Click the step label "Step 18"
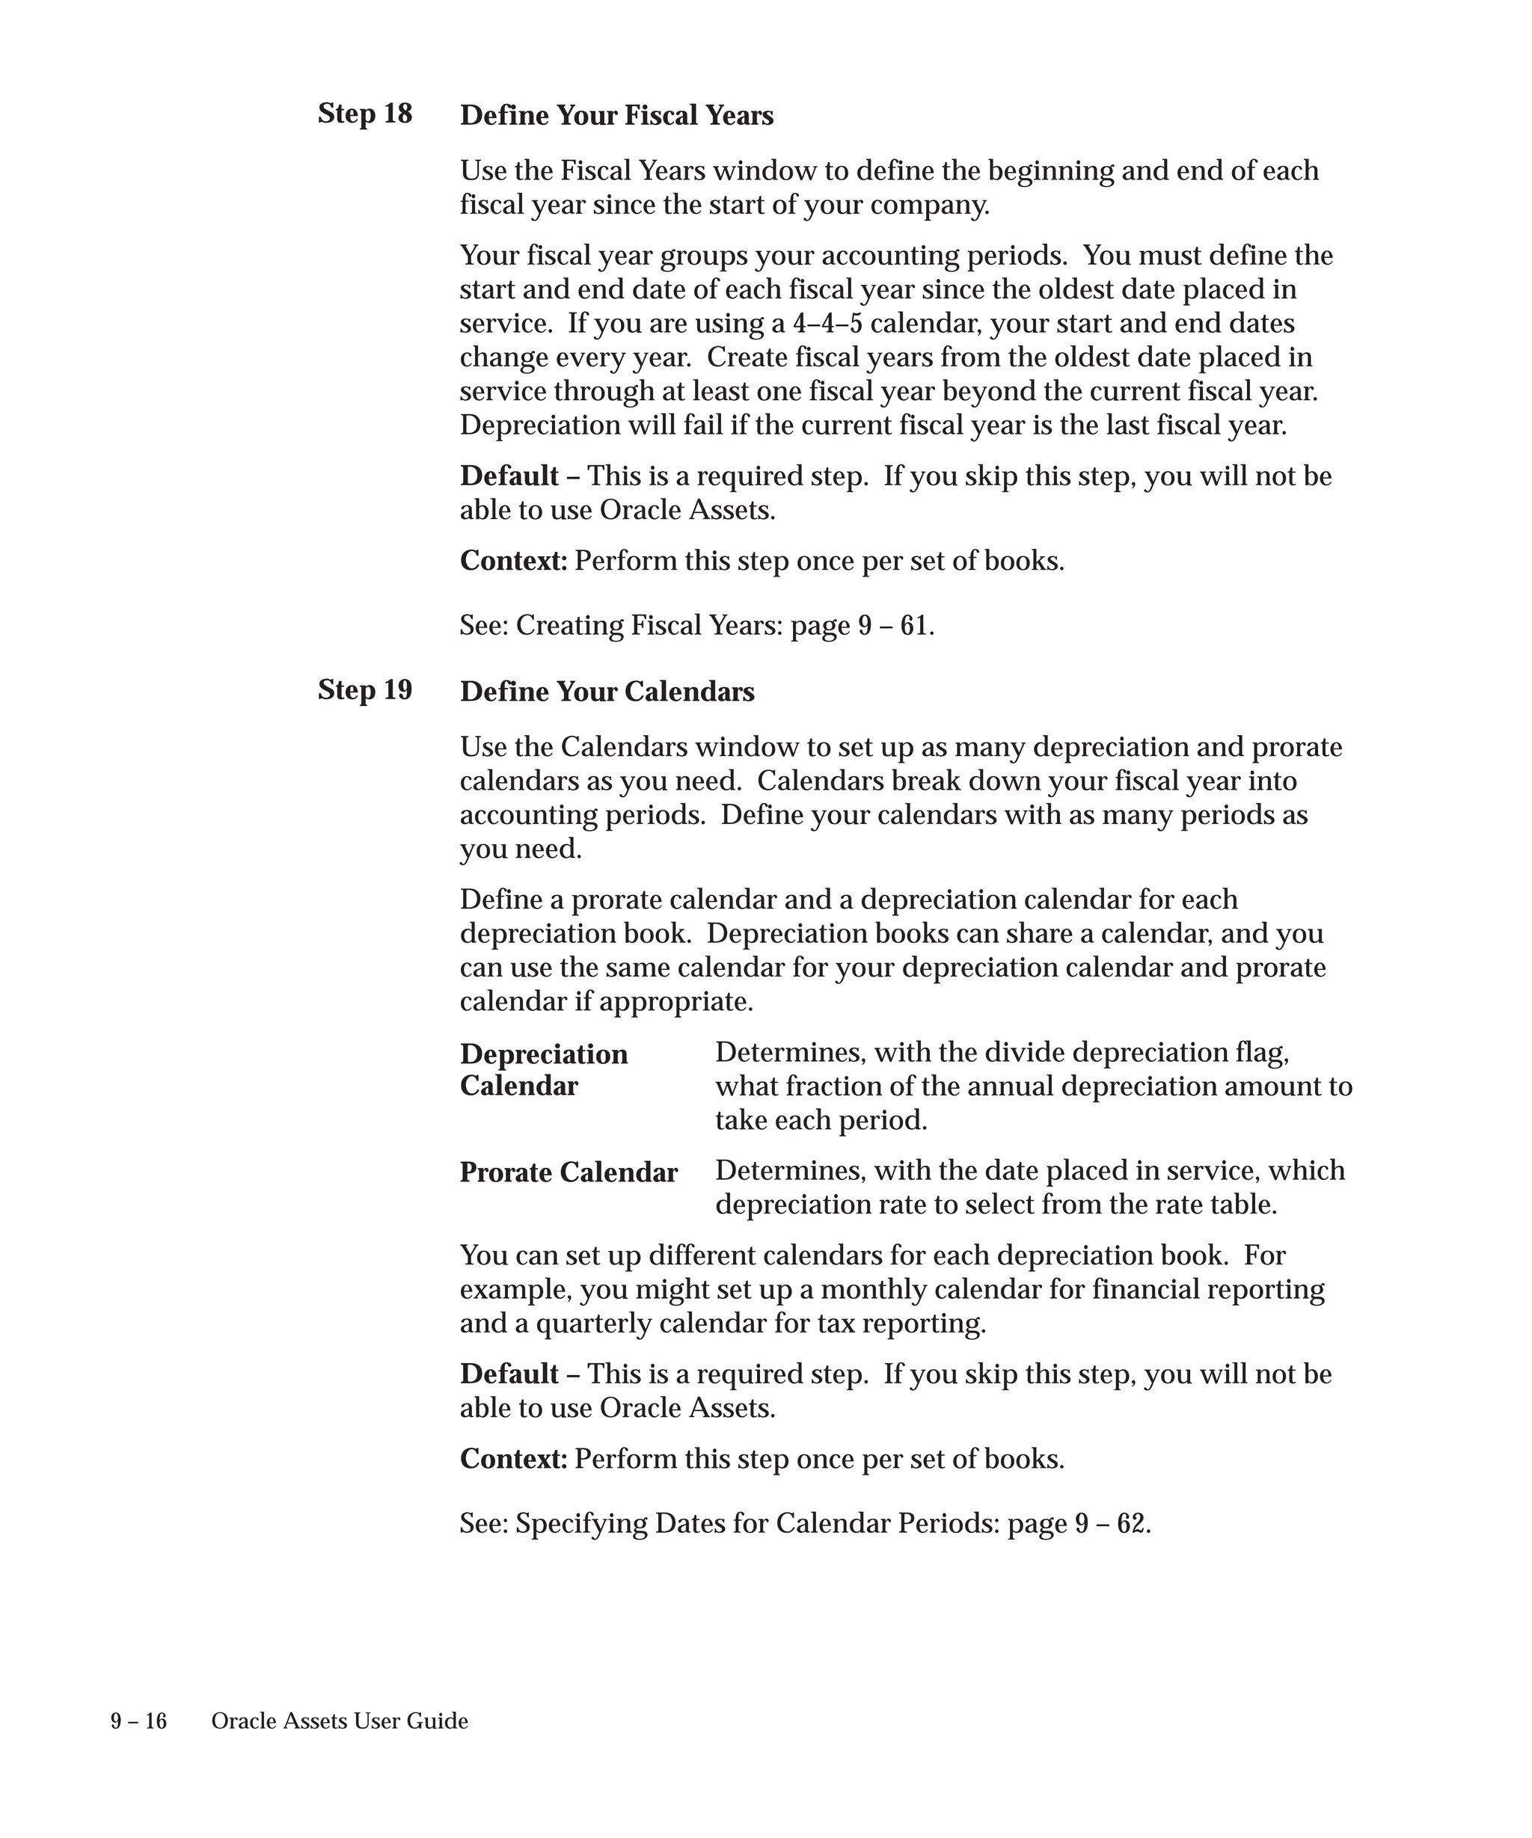(x=364, y=114)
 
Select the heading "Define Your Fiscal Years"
(x=616, y=116)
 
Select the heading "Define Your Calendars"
(x=607, y=692)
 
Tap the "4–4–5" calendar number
(x=827, y=324)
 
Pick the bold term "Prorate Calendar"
(x=569, y=1172)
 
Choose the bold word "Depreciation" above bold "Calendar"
(x=544, y=1054)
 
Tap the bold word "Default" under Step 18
(x=509, y=476)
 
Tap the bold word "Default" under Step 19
(x=509, y=1374)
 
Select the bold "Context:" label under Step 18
(x=514, y=561)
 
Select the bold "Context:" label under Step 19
(x=514, y=1459)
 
